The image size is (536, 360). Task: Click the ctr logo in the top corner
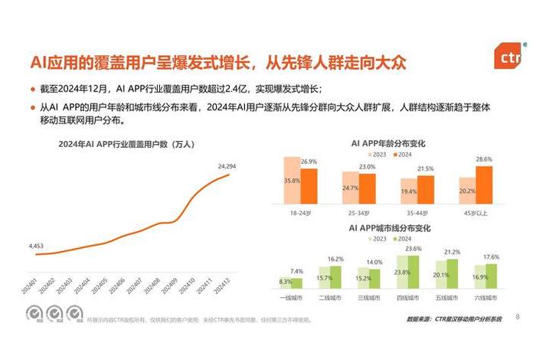[508, 58]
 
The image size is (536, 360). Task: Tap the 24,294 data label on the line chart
[227, 166]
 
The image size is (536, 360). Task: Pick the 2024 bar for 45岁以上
[484, 183]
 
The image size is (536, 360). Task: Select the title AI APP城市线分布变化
[387, 228]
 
